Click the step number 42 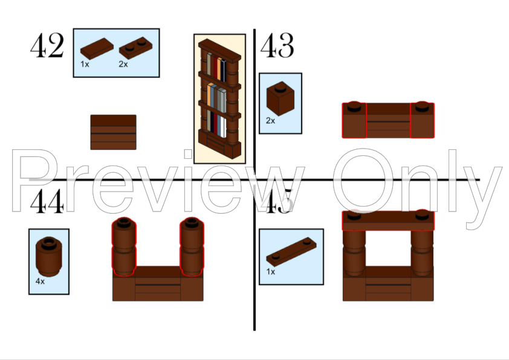coord(47,45)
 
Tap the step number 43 coord(277,45)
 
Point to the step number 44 coord(47,201)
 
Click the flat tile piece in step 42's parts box coord(97,49)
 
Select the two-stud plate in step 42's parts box coord(135,48)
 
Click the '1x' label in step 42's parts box coord(85,65)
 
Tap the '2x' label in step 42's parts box coord(123,65)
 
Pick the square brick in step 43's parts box coord(280,98)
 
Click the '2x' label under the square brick coord(270,121)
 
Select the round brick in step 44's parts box coord(49,257)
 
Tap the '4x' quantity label coord(41,281)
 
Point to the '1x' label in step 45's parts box coord(271,272)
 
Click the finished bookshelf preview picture coord(220,99)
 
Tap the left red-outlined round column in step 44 coord(124,247)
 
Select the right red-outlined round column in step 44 coord(192,247)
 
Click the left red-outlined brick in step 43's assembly coord(354,120)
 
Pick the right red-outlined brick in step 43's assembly coord(422,120)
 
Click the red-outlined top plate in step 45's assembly coord(388,220)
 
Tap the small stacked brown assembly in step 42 coord(113,132)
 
